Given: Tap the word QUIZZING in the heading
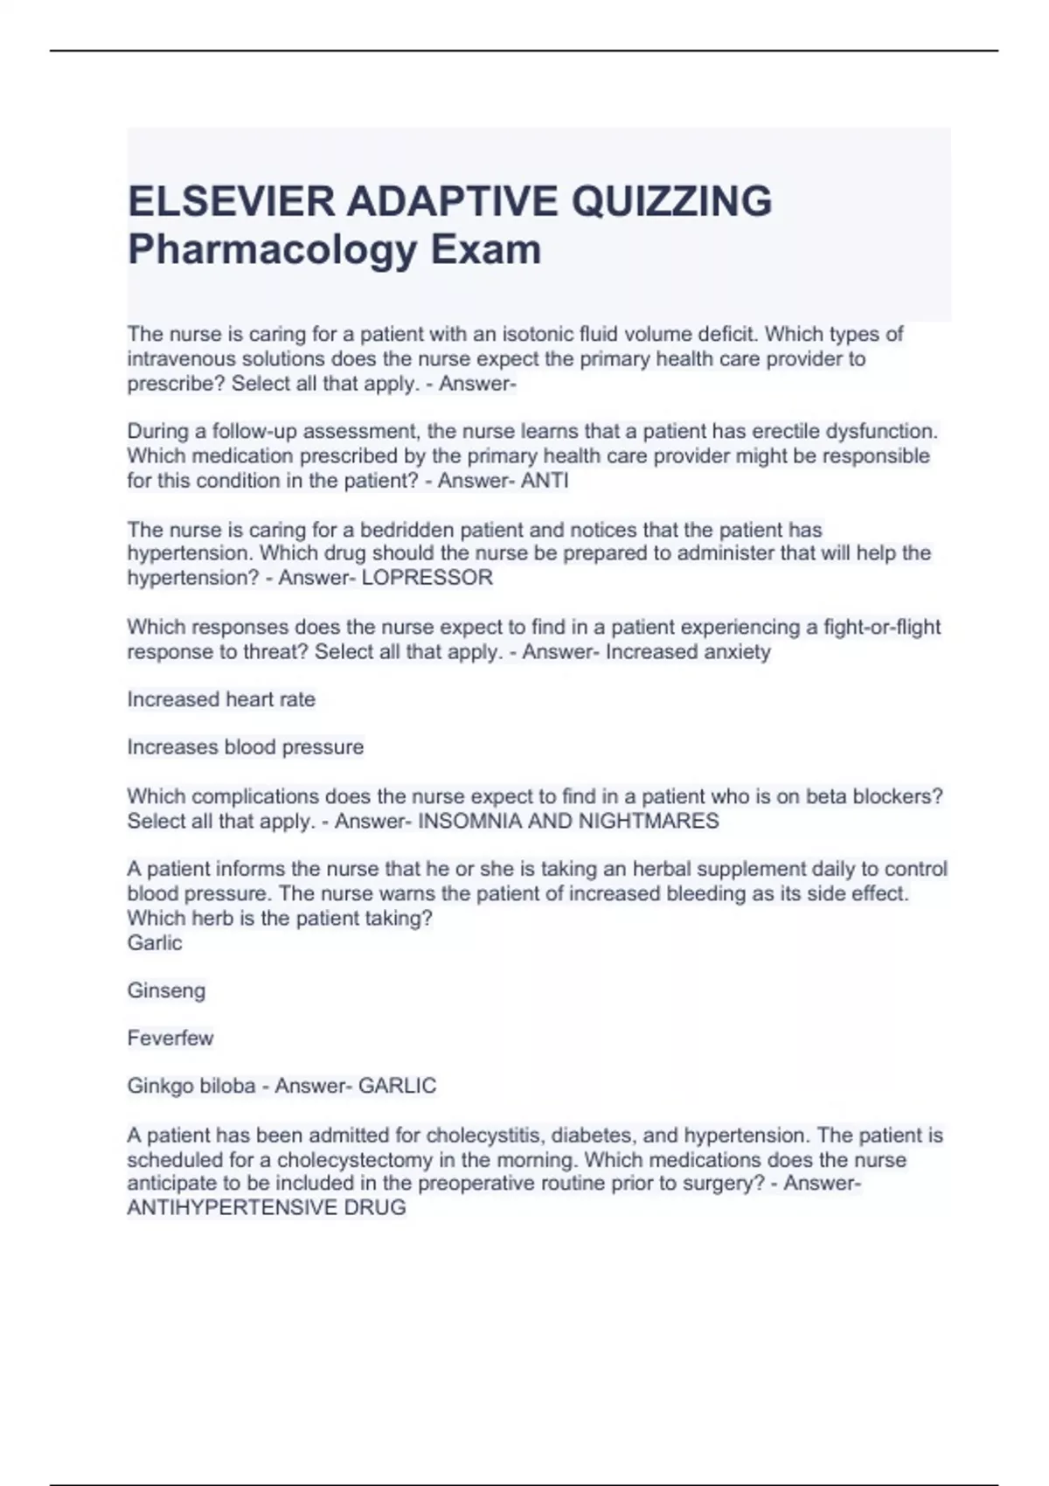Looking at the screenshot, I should click(x=671, y=201).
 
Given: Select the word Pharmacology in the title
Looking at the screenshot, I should click(x=272, y=249).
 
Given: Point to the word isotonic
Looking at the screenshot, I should click(x=534, y=334).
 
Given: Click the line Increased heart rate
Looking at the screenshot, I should click(x=221, y=699).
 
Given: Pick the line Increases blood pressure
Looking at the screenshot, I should click(x=245, y=747).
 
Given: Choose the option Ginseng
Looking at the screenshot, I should click(x=166, y=990).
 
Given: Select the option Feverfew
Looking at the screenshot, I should click(x=170, y=1038).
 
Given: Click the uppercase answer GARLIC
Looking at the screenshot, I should click(x=397, y=1086).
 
